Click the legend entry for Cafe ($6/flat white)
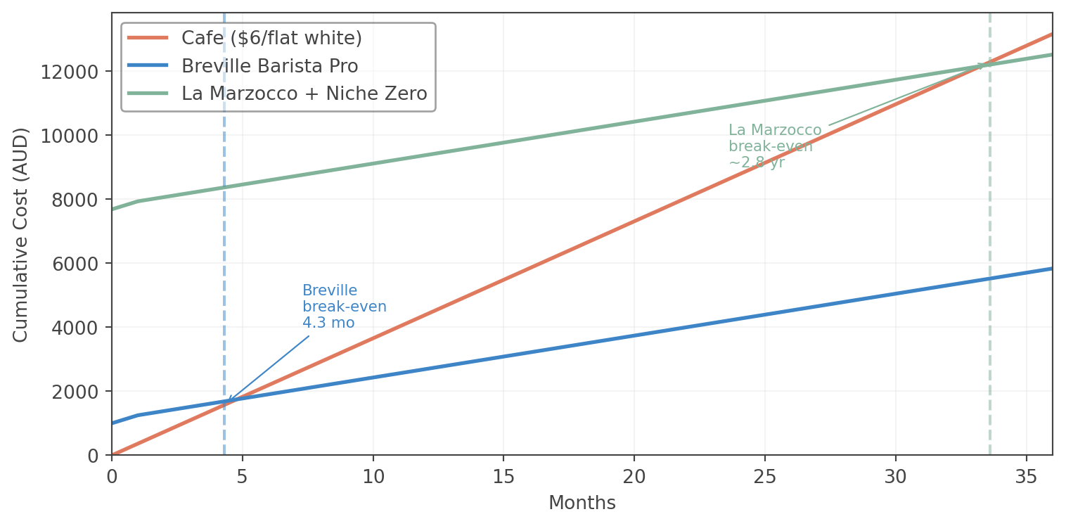[x=271, y=38]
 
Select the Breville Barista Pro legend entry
[x=269, y=66]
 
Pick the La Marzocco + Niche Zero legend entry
[x=304, y=94]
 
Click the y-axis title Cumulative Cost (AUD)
[x=20, y=234]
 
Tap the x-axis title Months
[x=582, y=503]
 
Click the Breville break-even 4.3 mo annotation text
[x=344, y=307]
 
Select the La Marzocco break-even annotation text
[x=774, y=146]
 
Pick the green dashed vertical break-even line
[x=990, y=281]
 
